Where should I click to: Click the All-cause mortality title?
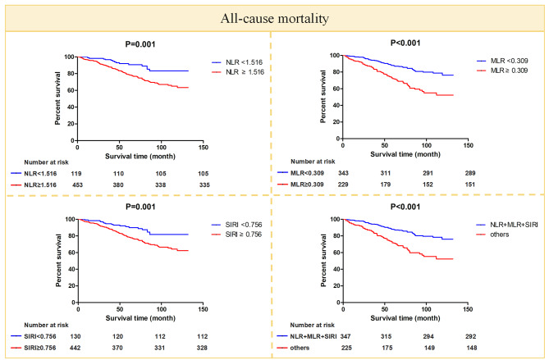coord(274,16)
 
